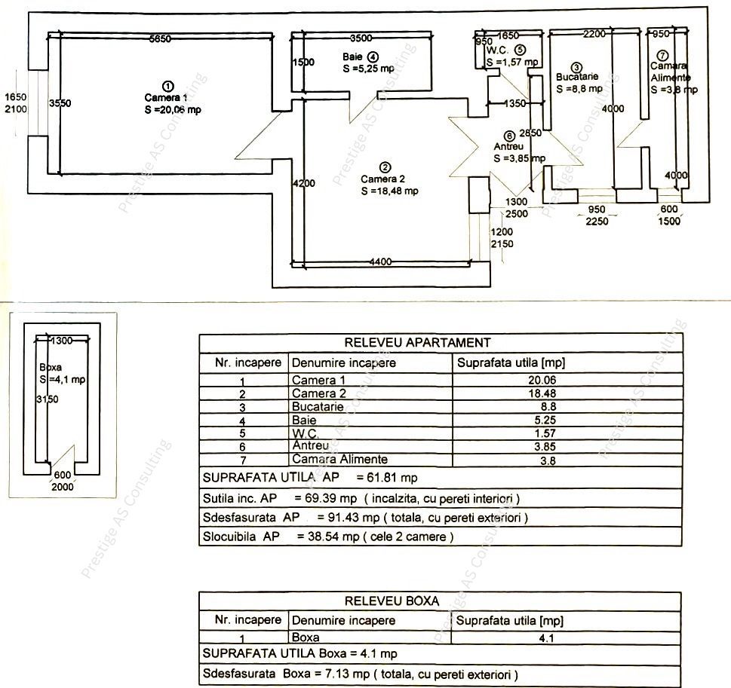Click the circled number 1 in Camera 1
[x=168, y=86]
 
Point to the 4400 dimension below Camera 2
[x=380, y=262]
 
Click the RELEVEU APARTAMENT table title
[x=417, y=343]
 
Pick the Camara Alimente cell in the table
[x=339, y=459]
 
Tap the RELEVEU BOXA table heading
[x=392, y=601]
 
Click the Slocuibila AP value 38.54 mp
[x=320, y=537]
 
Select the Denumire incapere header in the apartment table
[x=343, y=363]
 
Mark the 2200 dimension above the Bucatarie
[x=594, y=34]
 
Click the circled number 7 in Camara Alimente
[x=662, y=56]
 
